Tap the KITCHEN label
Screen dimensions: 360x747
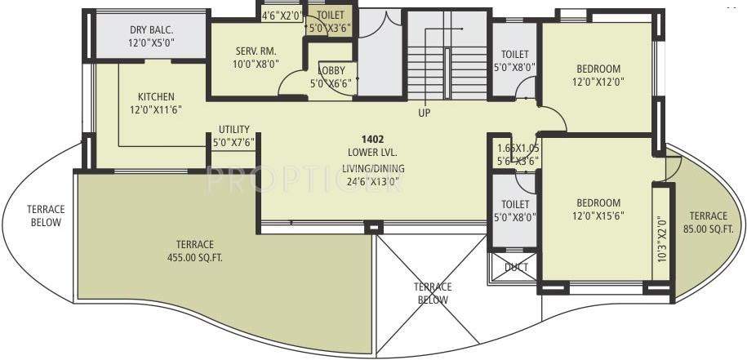click(x=155, y=96)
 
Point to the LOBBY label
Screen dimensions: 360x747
click(x=330, y=70)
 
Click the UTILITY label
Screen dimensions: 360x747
click(x=233, y=129)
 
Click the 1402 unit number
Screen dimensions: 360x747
click(x=373, y=140)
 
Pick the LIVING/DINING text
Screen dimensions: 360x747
click(x=373, y=169)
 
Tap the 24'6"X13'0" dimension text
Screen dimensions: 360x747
click(x=373, y=182)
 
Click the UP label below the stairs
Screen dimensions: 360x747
click(x=424, y=113)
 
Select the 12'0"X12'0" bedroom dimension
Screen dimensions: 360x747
click(x=598, y=82)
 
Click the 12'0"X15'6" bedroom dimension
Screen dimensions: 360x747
click(x=598, y=216)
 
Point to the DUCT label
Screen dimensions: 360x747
click(x=516, y=266)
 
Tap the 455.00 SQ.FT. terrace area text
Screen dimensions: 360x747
click(x=193, y=257)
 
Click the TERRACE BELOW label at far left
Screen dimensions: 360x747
click(x=45, y=216)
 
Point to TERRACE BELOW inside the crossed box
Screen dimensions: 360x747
click(x=432, y=293)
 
